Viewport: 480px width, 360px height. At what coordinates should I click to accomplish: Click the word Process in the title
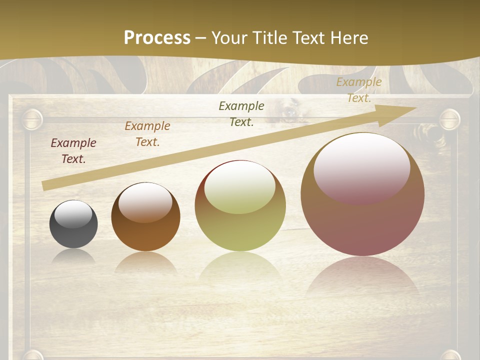point(157,37)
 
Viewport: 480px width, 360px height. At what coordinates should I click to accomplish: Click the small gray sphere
point(73,232)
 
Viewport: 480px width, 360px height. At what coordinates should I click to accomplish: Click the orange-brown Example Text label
point(147,134)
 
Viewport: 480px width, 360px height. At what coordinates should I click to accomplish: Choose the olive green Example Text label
point(241,113)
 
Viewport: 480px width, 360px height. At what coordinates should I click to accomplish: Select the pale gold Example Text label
point(359,90)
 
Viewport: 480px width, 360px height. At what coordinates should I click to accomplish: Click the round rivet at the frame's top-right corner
point(449,119)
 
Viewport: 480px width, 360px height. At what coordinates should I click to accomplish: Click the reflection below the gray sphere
point(73,256)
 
